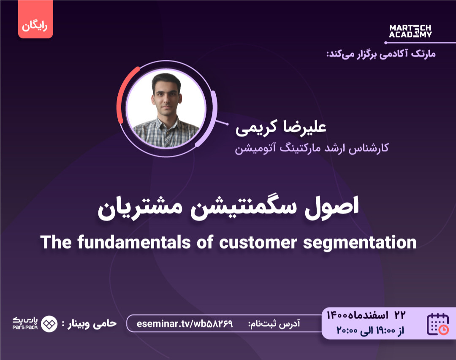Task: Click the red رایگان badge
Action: pos(35,25)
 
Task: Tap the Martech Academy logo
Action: pos(410,31)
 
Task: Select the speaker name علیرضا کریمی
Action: pos(281,127)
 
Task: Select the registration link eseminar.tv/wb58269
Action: pos(185,324)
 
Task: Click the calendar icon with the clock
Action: pos(438,324)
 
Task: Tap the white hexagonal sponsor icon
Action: pos(50,324)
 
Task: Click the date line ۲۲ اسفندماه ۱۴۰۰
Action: pos(366,315)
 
